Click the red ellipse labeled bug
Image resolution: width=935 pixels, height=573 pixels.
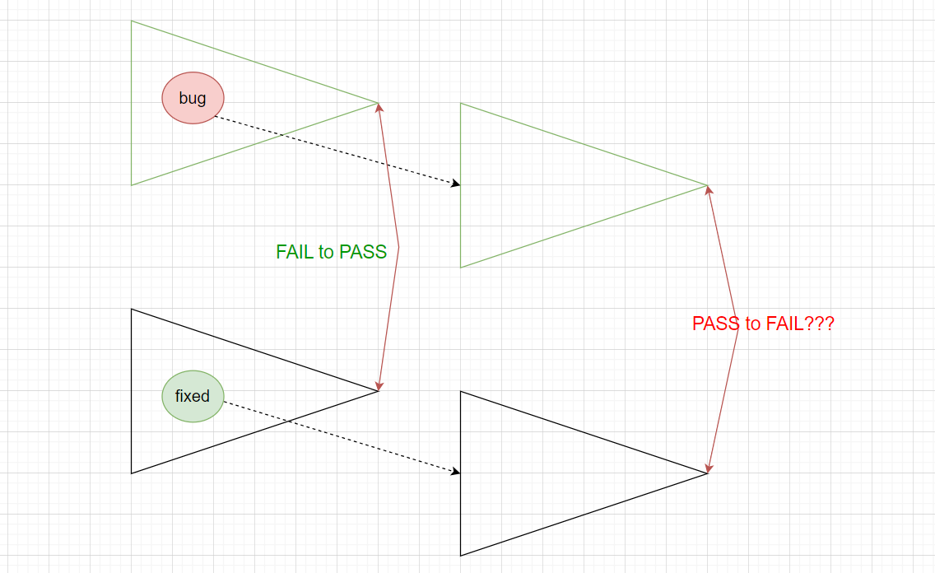click(x=193, y=98)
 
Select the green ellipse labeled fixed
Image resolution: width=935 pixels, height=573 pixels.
click(x=193, y=396)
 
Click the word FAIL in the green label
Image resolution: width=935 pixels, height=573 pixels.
click(x=295, y=252)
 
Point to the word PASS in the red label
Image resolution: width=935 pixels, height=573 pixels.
click(x=716, y=324)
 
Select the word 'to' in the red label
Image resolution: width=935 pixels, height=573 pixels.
click(x=753, y=324)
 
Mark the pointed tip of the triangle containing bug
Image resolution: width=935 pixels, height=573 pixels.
click(x=378, y=103)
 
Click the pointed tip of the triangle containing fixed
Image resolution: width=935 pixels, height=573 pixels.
click(x=378, y=391)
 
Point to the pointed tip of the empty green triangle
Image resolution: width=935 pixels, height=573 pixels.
click(x=707, y=185)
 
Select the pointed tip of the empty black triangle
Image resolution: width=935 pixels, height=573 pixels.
click(x=707, y=473)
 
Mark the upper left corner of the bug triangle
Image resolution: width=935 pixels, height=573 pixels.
click(x=132, y=21)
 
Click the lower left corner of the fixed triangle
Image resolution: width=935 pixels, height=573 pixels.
click(x=132, y=473)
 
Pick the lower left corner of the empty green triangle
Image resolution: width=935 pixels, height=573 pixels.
click(x=461, y=267)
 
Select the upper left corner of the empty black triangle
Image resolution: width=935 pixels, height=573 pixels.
click(x=461, y=392)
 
